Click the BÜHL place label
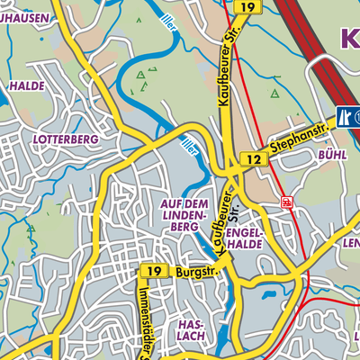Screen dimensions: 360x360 (332, 155)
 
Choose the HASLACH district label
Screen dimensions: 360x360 (192, 329)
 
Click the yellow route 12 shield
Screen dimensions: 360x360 (255, 159)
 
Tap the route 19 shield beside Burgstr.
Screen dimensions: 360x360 (153, 271)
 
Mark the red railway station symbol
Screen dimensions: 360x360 (286, 202)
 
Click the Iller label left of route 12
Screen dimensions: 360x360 (190, 148)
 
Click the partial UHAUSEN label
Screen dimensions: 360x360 (22, 16)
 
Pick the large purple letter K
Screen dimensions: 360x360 (349, 38)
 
